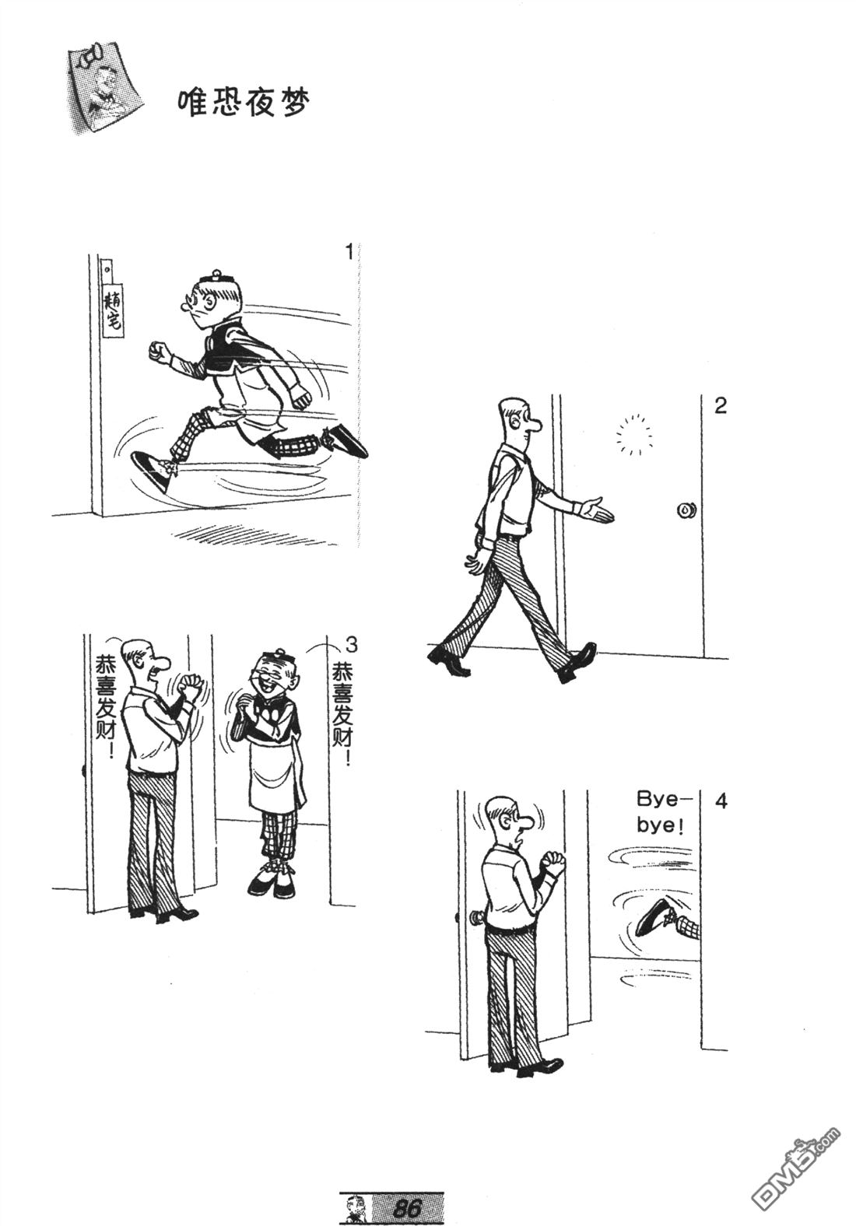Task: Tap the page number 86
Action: [x=408, y=1207]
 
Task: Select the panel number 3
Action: [x=352, y=646]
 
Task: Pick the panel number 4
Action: [x=721, y=800]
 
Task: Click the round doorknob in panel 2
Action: [x=686, y=510]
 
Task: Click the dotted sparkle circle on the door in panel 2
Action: [x=634, y=435]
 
